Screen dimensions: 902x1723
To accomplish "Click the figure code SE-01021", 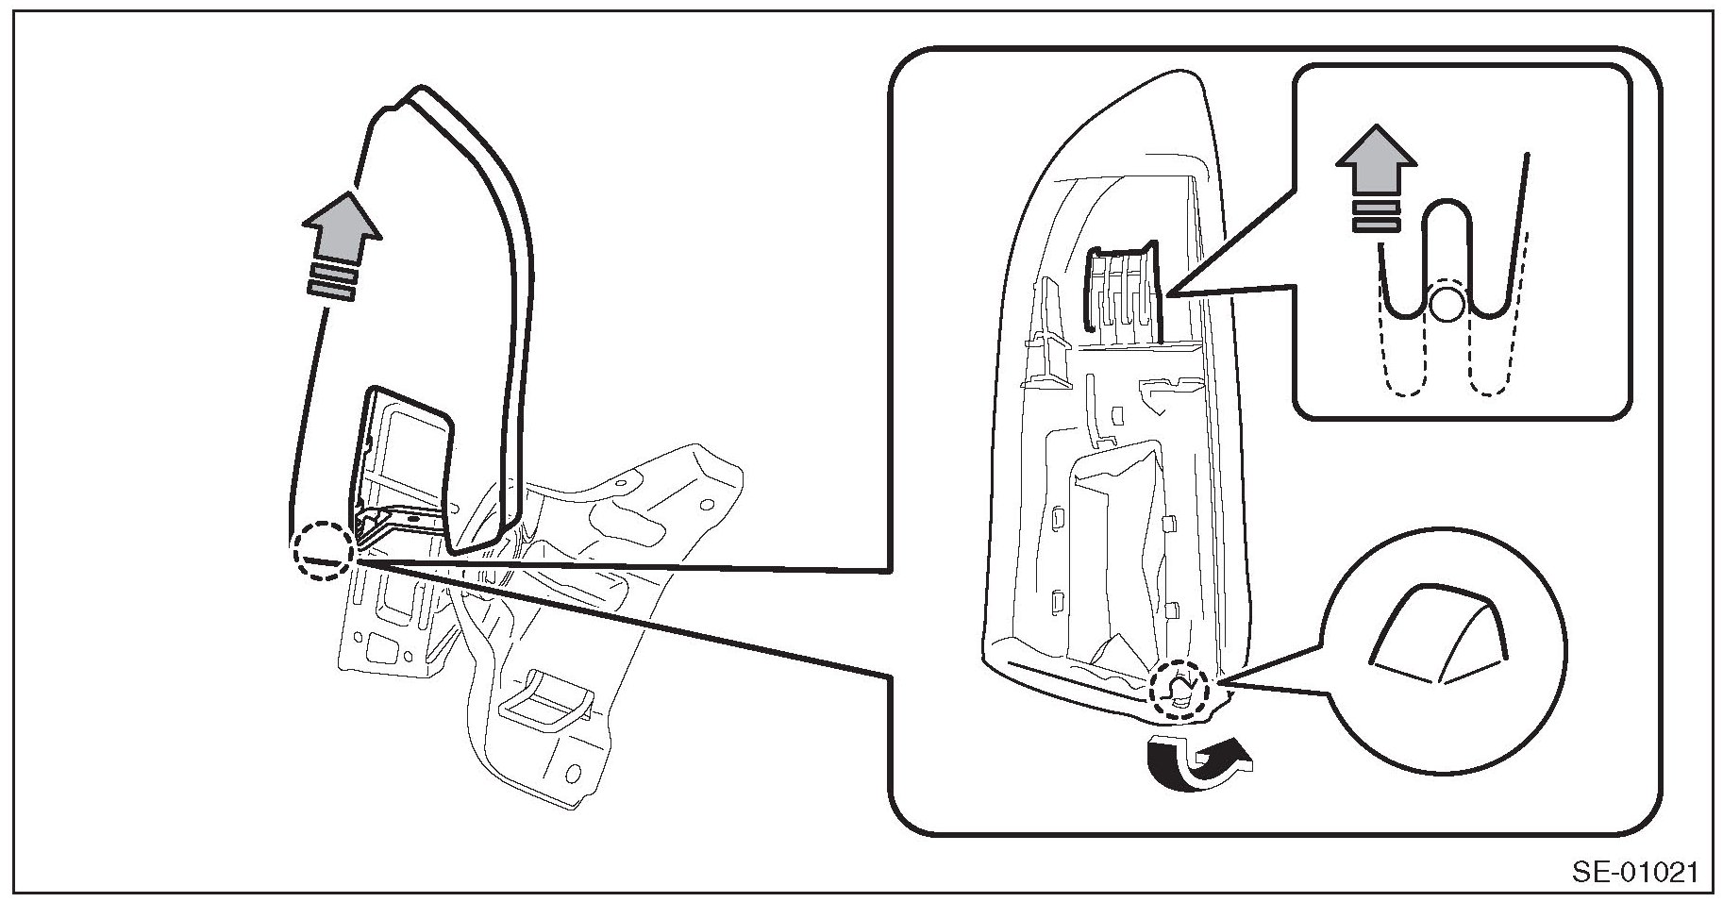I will click(x=1634, y=873).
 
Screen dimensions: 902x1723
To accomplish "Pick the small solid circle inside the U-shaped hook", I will click(x=1447, y=304).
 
